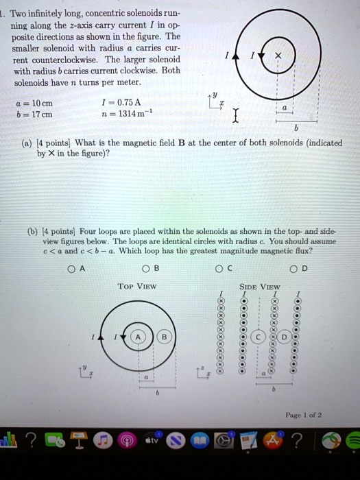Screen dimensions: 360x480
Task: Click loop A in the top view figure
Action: [139, 337]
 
